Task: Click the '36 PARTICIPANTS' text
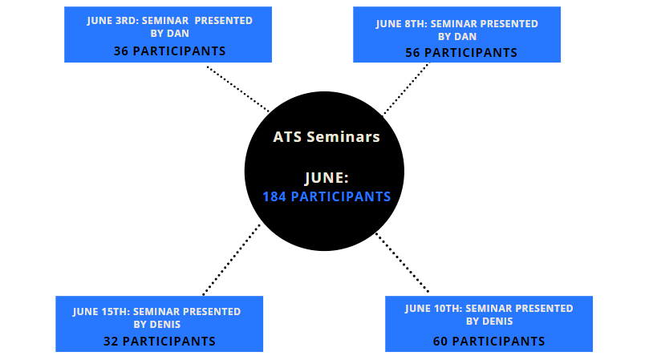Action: click(x=169, y=51)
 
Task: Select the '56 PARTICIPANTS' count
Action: click(x=461, y=53)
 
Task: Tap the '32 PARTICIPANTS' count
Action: click(x=159, y=341)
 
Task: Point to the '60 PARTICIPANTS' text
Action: click(x=489, y=341)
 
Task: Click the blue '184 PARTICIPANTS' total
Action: click(x=327, y=196)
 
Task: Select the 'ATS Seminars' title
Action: click(x=327, y=137)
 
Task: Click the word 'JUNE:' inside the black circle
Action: click(x=327, y=178)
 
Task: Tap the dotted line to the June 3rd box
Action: click(x=238, y=89)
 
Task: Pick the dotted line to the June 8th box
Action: click(x=407, y=89)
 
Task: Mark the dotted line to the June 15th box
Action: click(x=231, y=260)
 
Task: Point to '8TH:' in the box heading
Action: click(x=416, y=24)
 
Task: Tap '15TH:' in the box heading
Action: click(x=116, y=312)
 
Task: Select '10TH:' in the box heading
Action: click(x=448, y=308)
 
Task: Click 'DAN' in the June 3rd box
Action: click(x=178, y=34)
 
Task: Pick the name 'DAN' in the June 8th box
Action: click(x=465, y=37)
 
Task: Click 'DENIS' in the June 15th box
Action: click(x=165, y=324)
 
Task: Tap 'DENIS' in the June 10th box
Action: click(x=497, y=321)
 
